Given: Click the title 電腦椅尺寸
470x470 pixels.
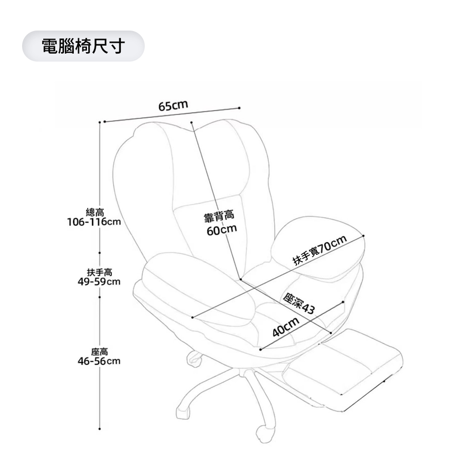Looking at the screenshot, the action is (x=83, y=46).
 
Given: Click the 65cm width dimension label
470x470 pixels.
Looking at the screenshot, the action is (x=173, y=105).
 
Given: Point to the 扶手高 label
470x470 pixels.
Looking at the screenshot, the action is (x=99, y=273).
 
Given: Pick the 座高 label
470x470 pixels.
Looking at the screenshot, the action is (x=100, y=352).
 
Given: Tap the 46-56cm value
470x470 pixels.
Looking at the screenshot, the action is (x=99, y=361).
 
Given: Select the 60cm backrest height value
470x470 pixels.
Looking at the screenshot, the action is (x=221, y=230).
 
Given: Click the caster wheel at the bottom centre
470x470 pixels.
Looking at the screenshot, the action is (x=263, y=434).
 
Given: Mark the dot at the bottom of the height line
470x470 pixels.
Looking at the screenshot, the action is (x=100, y=429).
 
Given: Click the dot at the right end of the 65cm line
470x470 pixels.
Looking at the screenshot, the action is (x=240, y=108).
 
